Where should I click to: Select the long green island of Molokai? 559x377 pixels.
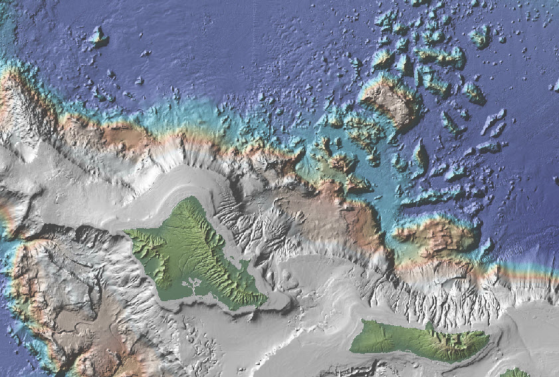point(412,339)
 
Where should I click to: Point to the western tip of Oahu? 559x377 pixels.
point(126,233)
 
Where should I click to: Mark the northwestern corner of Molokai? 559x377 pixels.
point(364,322)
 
